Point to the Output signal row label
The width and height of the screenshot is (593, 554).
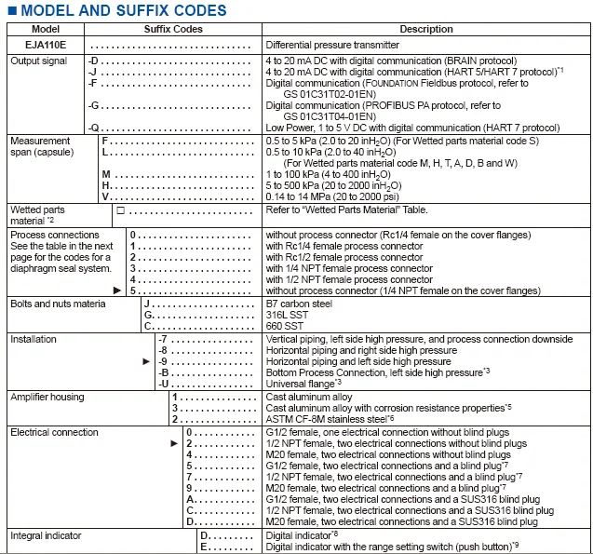point(39,61)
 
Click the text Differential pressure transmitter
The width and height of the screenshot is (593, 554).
point(332,45)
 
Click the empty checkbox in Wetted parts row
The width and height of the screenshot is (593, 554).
point(121,210)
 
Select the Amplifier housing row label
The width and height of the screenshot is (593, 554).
point(47,397)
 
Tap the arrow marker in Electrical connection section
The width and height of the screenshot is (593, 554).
point(174,444)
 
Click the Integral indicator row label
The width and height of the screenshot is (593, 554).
point(46,536)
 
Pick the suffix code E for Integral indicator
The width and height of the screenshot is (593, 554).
point(203,547)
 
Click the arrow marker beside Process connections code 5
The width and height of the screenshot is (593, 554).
point(116,291)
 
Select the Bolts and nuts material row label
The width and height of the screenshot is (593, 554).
point(58,304)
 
